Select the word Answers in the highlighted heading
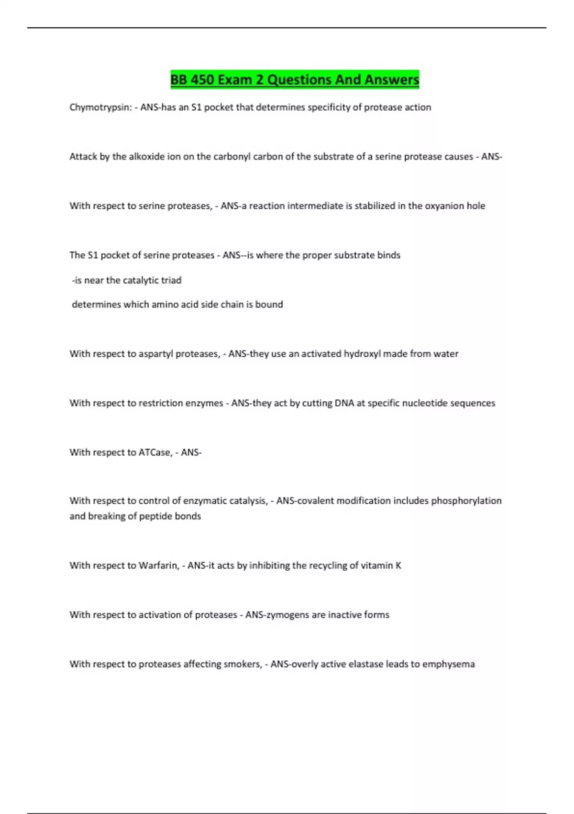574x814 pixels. tap(391, 79)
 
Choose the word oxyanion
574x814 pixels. tap(444, 206)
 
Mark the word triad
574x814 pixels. tap(171, 281)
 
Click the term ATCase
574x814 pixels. tap(155, 452)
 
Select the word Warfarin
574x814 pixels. tap(158, 565)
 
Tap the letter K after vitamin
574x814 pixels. tap(398, 565)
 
